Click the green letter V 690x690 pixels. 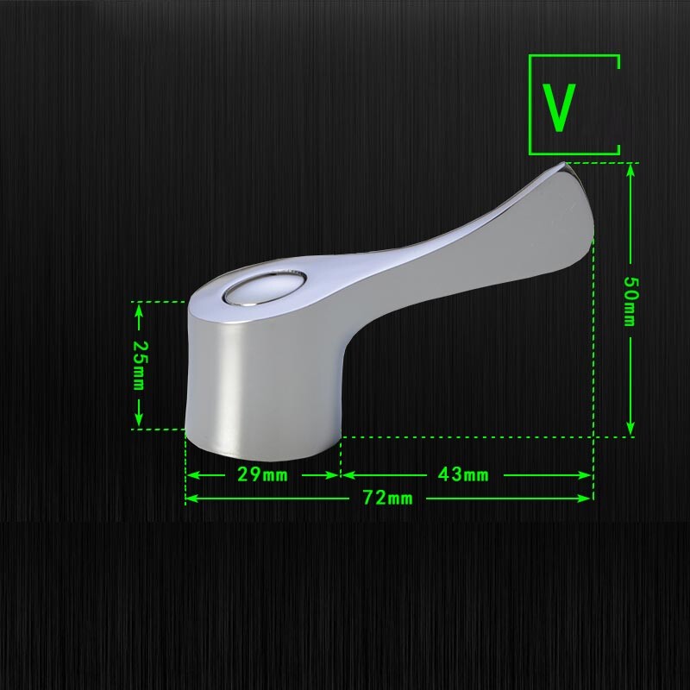(x=559, y=107)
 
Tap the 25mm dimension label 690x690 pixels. (x=138, y=365)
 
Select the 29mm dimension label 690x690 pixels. (x=263, y=474)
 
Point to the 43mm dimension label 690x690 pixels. (x=463, y=474)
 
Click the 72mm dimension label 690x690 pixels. (x=387, y=498)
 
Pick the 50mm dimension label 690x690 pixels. (x=630, y=301)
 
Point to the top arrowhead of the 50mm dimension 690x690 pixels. (x=630, y=168)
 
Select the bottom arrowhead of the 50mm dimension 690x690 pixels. (x=630, y=430)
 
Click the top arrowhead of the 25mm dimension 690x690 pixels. (x=139, y=309)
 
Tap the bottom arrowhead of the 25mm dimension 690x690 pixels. (x=139, y=422)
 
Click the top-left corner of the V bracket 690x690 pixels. (x=530, y=57)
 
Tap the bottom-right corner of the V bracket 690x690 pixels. (x=618, y=153)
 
